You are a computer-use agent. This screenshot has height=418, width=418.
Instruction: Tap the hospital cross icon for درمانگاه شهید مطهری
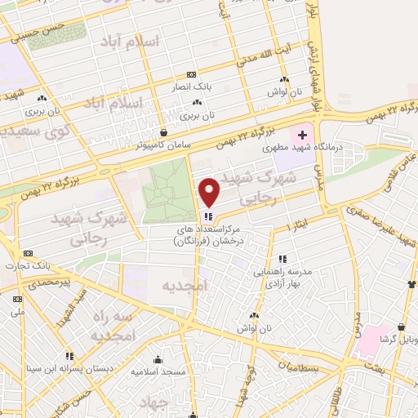click(x=302, y=134)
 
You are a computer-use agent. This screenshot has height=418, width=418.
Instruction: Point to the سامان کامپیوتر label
click(x=165, y=144)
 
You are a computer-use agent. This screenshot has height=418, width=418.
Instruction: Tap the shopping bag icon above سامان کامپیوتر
click(x=164, y=131)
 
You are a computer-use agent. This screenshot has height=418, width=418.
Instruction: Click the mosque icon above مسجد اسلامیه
click(x=158, y=359)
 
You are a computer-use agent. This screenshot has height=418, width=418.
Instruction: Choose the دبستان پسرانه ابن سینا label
click(x=69, y=367)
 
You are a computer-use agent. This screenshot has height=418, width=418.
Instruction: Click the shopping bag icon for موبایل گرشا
click(x=413, y=284)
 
